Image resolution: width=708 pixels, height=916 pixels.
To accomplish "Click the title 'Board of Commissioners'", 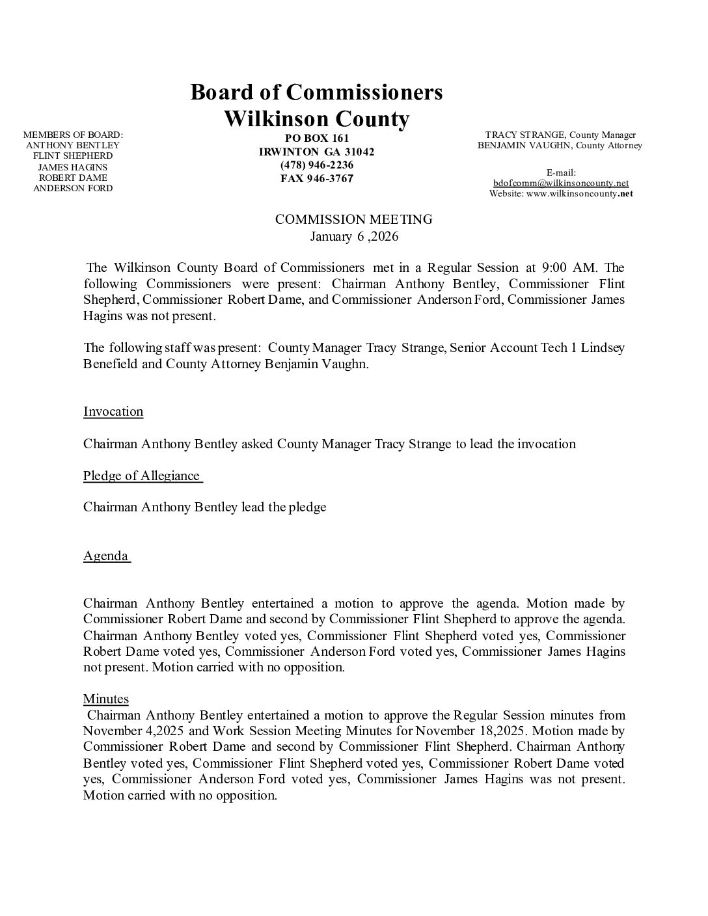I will coord(316,92).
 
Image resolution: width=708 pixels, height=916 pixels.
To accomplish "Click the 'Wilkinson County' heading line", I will coord(316,120).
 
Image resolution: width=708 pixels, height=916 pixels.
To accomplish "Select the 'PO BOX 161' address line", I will coord(317,138).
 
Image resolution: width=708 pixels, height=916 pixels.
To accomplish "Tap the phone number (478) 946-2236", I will coord(317,165).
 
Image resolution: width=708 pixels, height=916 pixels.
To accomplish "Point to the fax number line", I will coord(317,178).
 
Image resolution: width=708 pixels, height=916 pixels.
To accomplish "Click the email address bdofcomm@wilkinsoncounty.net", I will coord(560,183).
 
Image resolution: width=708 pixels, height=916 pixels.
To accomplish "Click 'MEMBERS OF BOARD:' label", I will coord(73,135).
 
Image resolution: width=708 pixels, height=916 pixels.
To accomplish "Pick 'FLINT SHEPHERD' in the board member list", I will coord(73,156).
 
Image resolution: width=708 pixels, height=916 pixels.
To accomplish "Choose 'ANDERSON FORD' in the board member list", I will coord(73,189).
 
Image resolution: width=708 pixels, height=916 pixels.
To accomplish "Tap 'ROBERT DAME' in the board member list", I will coord(73,178).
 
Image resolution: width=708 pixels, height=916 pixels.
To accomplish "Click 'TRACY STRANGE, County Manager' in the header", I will coord(560,135).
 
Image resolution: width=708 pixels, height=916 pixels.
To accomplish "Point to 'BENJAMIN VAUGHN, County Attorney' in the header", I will coord(560,146).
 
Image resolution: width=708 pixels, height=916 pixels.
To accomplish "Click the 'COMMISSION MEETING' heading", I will coord(353,220).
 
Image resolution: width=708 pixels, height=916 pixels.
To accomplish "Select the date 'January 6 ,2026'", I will coord(353,236).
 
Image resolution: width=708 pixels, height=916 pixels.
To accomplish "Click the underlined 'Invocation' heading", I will coord(113,412).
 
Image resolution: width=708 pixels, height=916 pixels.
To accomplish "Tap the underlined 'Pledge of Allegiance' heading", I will coord(141,476).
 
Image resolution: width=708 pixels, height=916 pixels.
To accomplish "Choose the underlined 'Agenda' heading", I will coord(105,556).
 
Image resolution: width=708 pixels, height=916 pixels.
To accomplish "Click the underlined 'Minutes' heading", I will coord(106,699).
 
